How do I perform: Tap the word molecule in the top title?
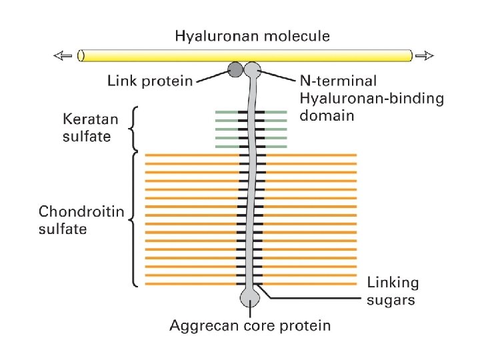pyautogui.click(x=295, y=36)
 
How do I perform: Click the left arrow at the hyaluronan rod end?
pyautogui.click(x=64, y=56)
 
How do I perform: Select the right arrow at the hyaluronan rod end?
pyautogui.click(x=425, y=56)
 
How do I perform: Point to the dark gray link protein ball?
pyautogui.click(x=235, y=68)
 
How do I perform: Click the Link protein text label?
pyautogui.click(x=150, y=81)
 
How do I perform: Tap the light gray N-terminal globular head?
pyautogui.click(x=252, y=68)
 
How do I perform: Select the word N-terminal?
pyautogui.click(x=337, y=81)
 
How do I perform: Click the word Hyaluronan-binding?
pyautogui.click(x=371, y=99)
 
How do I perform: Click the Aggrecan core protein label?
pyautogui.click(x=249, y=326)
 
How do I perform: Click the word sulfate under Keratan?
pyautogui.click(x=87, y=137)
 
